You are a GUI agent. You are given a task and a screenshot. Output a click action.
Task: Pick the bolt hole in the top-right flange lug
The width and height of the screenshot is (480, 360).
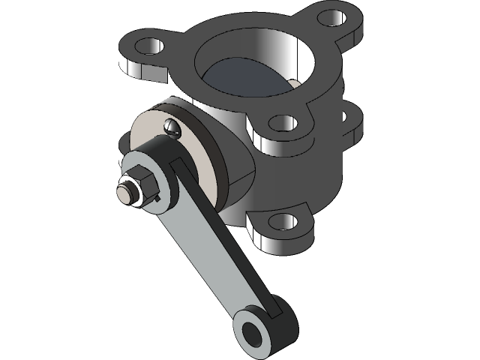329,16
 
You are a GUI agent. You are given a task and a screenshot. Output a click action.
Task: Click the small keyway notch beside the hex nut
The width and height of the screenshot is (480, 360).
160,196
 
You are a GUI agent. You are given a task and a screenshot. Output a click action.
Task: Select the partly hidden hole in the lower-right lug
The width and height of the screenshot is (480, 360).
346,117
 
